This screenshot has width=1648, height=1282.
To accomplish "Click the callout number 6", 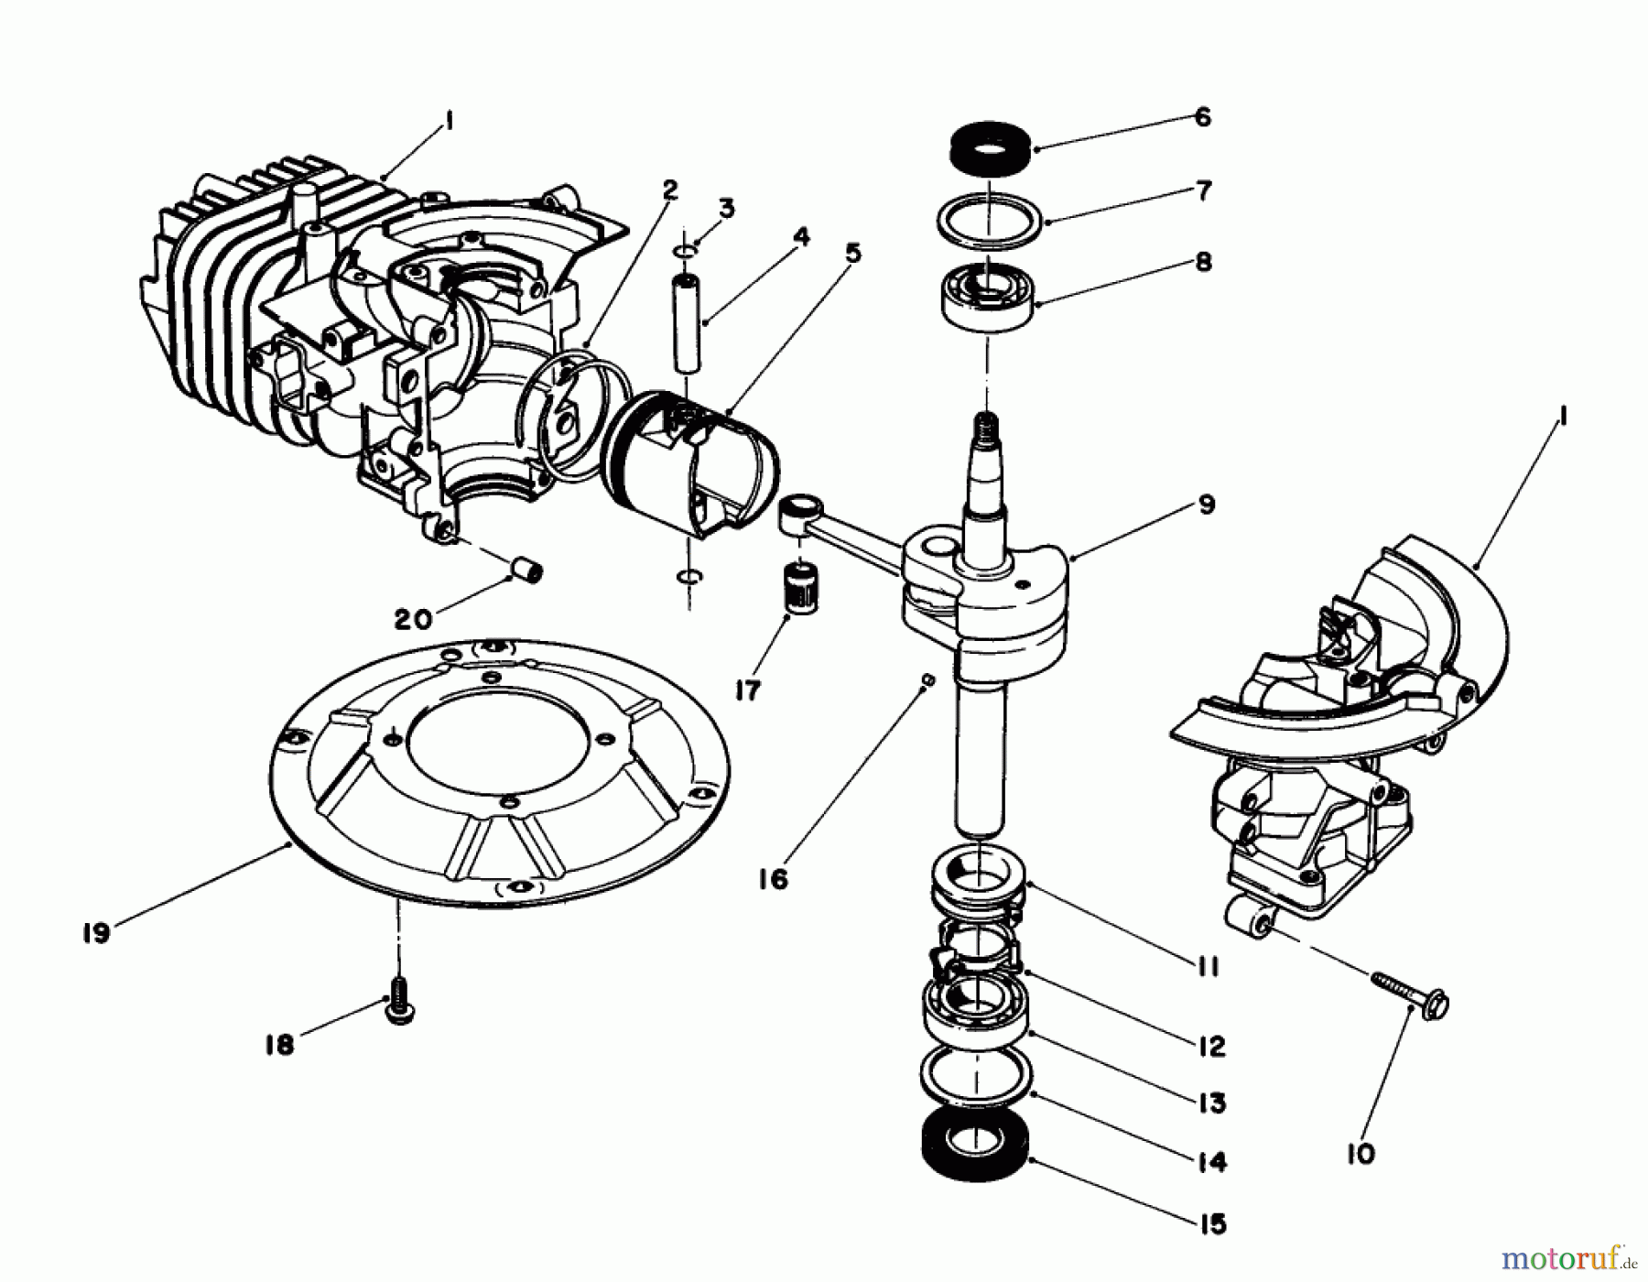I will (1203, 117).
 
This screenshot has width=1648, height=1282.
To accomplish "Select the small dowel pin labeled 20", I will (527, 572).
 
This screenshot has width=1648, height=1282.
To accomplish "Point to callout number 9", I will (1206, 505).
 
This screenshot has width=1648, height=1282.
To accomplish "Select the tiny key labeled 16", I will (927, 679).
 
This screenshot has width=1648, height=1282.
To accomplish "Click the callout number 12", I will (1211, 1047).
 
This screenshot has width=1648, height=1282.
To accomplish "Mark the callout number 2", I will (670, 190).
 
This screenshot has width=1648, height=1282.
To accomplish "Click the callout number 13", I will (1211, 1103).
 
